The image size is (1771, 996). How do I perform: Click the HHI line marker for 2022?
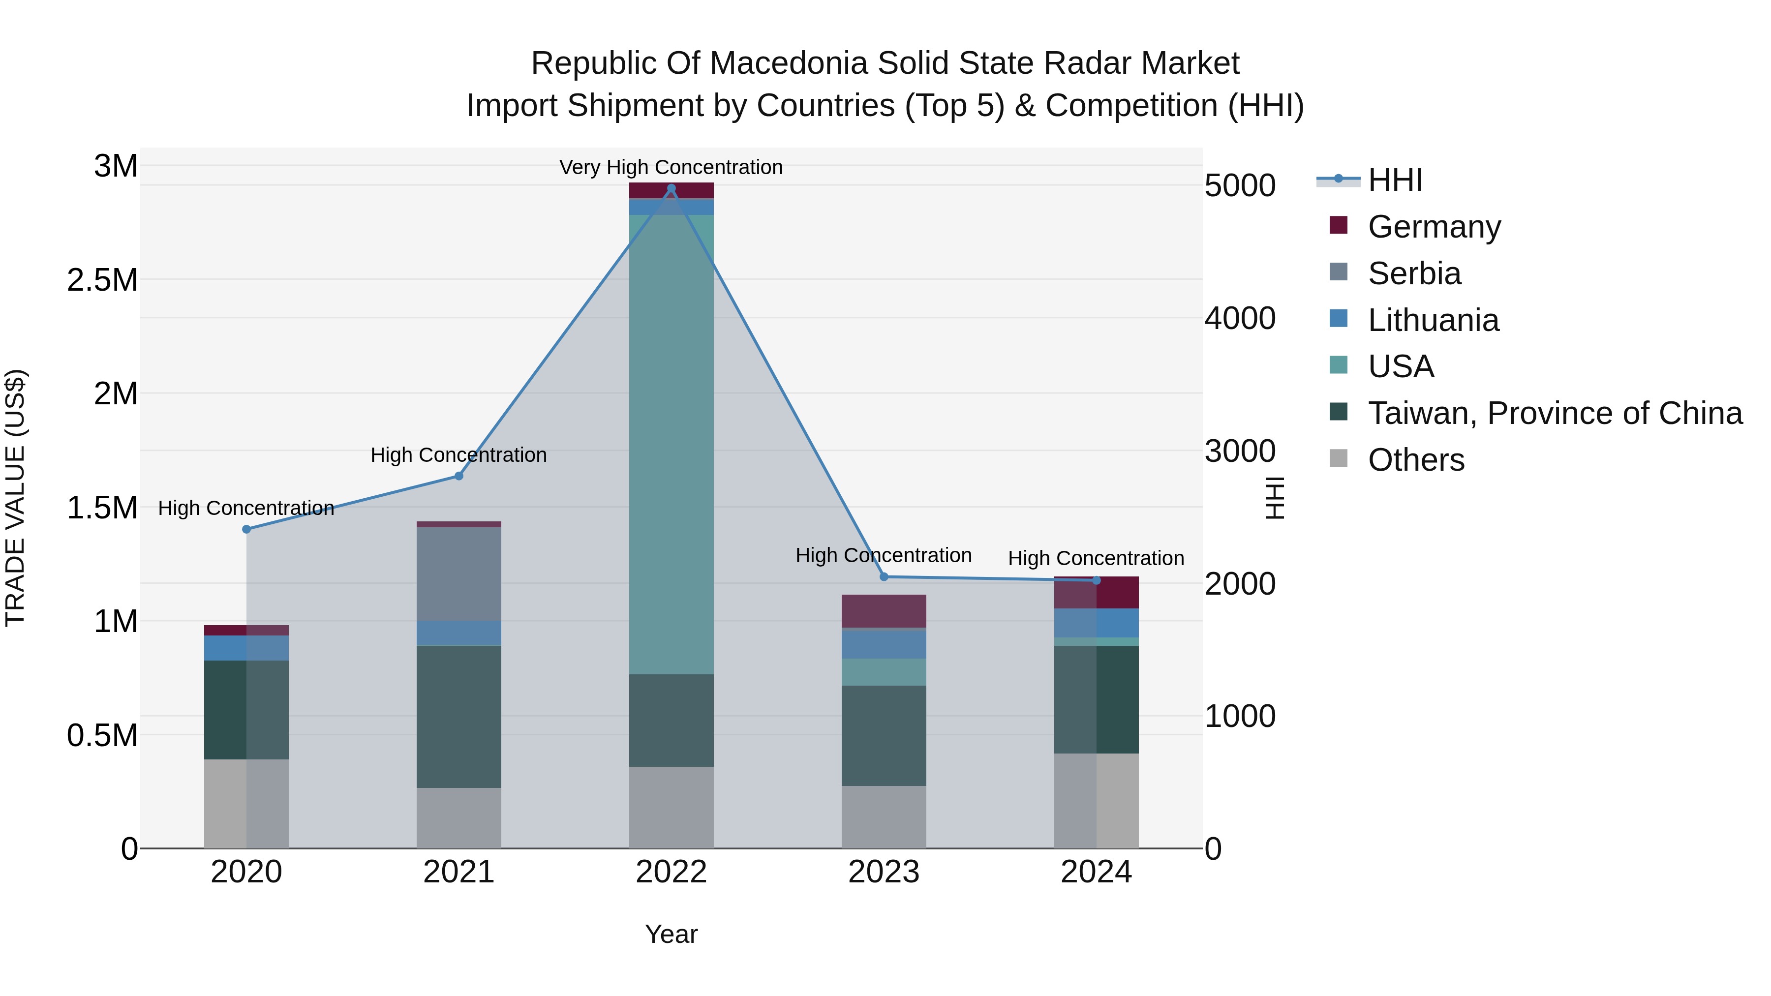[x=671, y=188]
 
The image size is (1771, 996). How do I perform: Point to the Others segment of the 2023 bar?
[x=884, y=816]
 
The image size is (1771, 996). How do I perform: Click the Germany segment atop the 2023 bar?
[x=884, y=610]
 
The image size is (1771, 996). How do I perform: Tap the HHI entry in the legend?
[x=1395, y=180]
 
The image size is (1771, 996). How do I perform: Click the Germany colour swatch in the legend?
[x=1338, y=225]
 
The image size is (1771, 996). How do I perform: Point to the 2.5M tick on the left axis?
[x=102, y=280]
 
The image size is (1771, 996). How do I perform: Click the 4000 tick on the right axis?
[x=1240, y=318]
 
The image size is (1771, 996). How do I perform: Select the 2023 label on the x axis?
[x=884, y=872]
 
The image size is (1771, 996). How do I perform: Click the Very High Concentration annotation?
[x=671, y=167]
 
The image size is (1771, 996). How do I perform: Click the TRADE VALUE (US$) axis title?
[x=15, y=498]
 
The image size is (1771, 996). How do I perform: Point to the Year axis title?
[x=671, y=934]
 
